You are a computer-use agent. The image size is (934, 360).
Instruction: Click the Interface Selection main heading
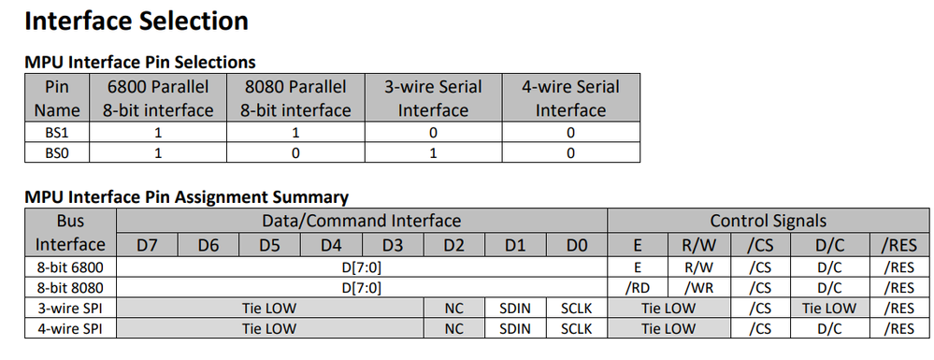[x=136, y=21]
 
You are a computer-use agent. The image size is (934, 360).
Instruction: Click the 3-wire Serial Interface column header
[x=433, y=98]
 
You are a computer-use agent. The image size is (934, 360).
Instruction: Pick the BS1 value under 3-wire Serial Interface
[x=433, y=133]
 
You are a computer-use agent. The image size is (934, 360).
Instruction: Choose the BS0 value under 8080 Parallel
[x=295, y=152]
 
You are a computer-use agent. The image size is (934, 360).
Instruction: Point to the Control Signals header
[x=768, y=221]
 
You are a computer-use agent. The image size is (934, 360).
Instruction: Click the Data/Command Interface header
[x=363, y=221]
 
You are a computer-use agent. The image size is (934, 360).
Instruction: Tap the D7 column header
[x=149, y=245]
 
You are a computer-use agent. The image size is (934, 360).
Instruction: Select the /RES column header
[x=899, y=245]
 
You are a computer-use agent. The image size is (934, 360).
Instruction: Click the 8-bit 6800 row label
[x=70, y=266]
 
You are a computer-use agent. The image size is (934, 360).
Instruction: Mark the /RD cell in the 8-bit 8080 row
[x=638, y=287]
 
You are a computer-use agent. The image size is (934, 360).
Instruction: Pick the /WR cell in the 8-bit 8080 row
[x=697, y=287]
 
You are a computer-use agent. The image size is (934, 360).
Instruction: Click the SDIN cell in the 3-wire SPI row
[x=515, y=308]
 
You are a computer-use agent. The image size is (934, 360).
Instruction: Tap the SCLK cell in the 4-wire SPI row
[x=576, y=328]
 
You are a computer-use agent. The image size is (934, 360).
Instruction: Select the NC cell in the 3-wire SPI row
[x=453, y=308]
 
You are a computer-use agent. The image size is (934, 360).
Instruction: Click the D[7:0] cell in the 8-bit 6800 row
[x=363, y=266]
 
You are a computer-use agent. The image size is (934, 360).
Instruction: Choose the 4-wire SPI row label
[x=70, y=328]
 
